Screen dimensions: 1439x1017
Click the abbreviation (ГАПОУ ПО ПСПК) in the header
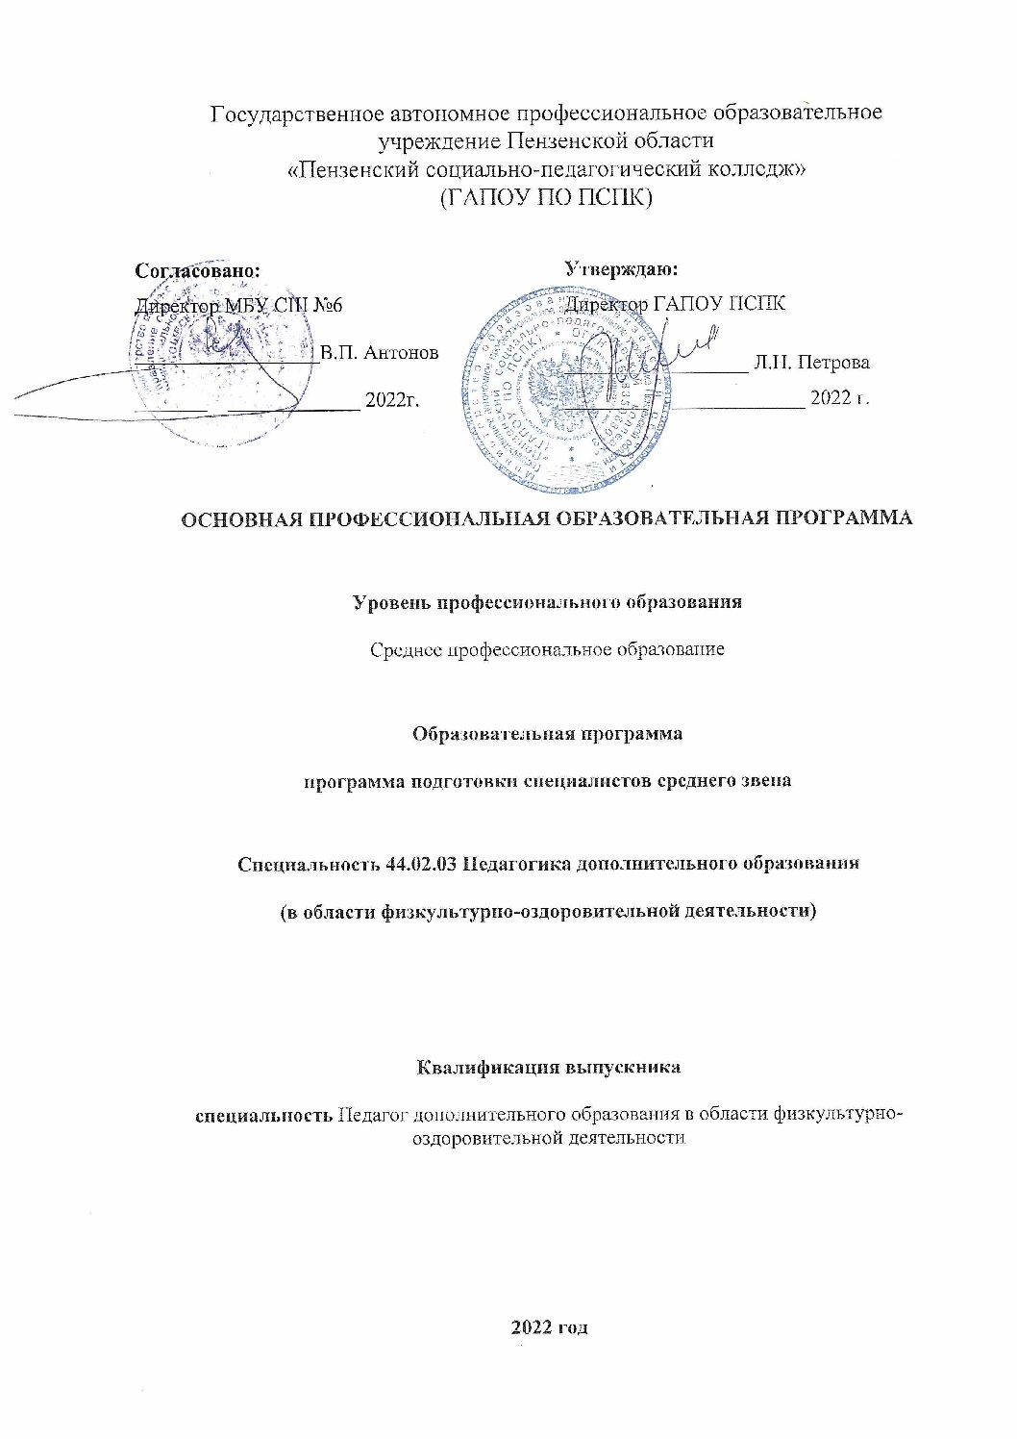[x=546, y=198]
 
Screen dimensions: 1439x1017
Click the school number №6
[x=323, y=305]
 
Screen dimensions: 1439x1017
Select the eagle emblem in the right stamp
[x=556, y=389]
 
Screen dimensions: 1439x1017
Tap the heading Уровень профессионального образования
[x=547, y=603]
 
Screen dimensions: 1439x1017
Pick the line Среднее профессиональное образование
[x=547, y=649]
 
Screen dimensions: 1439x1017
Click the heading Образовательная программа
[x=547, y=733]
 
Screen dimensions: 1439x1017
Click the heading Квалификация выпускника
[x=549, y=1068]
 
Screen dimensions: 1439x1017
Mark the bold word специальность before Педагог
[x=264, y=1115]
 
